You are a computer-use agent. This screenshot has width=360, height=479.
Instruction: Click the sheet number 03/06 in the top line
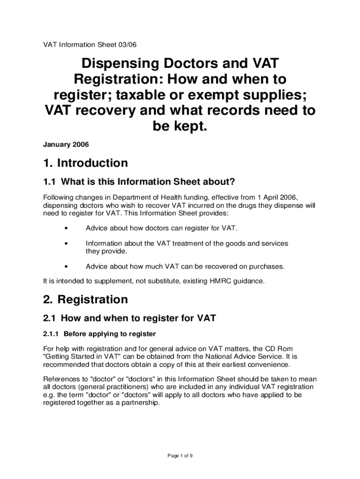127,45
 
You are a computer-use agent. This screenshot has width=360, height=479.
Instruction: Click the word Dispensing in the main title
122,65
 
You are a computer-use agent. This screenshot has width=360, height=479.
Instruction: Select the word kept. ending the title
180,126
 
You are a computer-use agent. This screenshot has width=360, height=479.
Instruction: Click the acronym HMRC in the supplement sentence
223,281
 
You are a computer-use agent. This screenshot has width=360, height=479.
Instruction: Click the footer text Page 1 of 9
180,456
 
